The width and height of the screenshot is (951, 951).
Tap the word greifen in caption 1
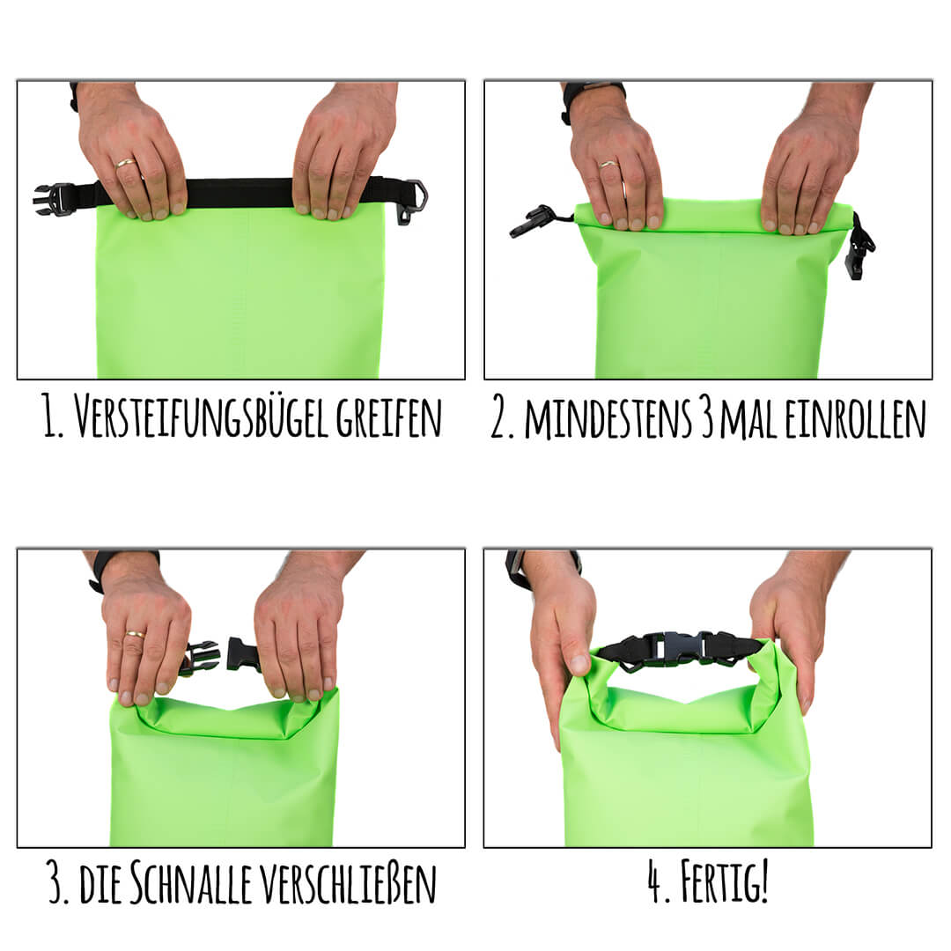click(389, 417)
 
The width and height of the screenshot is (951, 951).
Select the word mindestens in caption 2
click(608, 418)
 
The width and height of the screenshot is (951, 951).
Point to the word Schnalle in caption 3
click(190, 884)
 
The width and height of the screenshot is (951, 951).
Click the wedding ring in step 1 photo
click(127, 163)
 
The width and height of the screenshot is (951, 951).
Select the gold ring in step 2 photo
click(608, 163)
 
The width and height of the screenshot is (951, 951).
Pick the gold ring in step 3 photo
click(135, 634)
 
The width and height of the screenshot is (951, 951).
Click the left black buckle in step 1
click(55, 199)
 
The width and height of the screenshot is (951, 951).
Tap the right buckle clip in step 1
click(412, 201)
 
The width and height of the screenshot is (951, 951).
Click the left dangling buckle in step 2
click(533, 221)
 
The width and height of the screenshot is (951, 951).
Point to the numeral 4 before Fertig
click(654, 883)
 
